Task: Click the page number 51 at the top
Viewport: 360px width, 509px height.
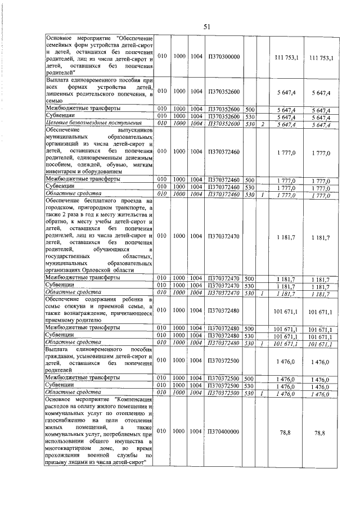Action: [x=206, y=26]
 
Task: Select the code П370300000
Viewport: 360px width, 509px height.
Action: [x=224, y=57]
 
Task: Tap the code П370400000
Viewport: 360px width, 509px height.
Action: [x=224, y=431]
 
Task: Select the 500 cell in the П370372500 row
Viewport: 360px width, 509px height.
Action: [x=250, y=379]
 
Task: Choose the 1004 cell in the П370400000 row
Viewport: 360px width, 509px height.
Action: [x=196, y=431]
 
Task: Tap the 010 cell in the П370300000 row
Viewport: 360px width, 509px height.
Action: [x=162, y=57]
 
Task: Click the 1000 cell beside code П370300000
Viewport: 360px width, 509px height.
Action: [x=179, y=57]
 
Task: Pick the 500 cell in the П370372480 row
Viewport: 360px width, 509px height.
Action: [x=250, y=328]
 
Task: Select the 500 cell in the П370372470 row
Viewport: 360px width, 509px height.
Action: [x=250, y=278]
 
